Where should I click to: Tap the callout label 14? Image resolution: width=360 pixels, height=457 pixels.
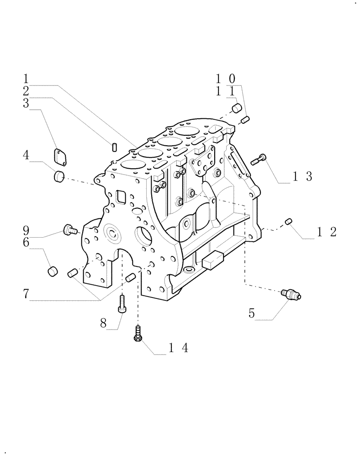pyautogui.click(x=179, y=348)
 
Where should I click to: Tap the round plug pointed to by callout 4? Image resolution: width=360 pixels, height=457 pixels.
pyautogui.click(x=59, y=175)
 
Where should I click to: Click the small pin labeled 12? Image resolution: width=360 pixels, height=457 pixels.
pyautogui.click(x=288, y=221)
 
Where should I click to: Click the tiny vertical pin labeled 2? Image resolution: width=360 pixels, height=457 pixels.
pyautogui.click(x=114, y=146)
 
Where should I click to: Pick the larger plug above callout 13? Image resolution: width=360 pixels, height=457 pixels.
pyautogui.click(x=237, y=108)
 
